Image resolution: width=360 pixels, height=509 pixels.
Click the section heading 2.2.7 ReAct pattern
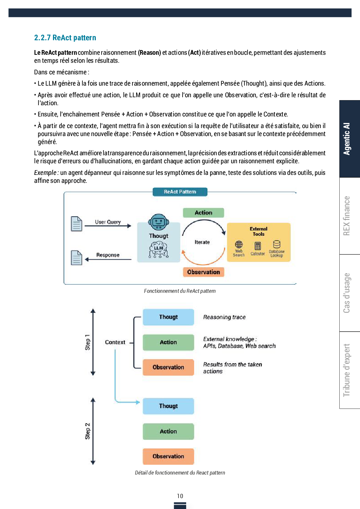pos(65,38)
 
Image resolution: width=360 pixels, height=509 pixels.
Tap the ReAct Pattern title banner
pos(180,192)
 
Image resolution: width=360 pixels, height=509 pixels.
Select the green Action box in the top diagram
pos(203,213)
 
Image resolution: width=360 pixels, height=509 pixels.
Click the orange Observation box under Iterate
pos(203,272)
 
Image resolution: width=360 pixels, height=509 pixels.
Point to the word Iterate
pos(202,242)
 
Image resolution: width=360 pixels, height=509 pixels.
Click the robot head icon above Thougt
pos(159,222)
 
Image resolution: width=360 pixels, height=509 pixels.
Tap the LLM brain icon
pos(159,250)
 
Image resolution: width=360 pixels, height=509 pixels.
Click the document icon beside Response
pos(77,258)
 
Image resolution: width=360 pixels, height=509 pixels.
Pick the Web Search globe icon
pos(239,245)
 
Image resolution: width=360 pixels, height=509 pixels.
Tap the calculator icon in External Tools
pos(258,246)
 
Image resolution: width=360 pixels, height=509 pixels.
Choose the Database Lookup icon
pos(277,245)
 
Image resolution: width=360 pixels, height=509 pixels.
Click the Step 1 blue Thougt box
pos(168,317)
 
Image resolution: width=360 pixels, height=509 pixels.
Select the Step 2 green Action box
pos(168,431)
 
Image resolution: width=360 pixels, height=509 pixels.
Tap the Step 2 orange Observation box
pos(168,456)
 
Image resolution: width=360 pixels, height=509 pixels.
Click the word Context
pos(115,342)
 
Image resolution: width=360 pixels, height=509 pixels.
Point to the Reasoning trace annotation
pos(224,317)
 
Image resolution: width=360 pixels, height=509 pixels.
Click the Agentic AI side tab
pos(347,139)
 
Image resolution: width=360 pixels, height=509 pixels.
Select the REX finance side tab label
pos(347,216)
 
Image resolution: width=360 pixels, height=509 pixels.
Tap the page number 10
pos(180,496)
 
